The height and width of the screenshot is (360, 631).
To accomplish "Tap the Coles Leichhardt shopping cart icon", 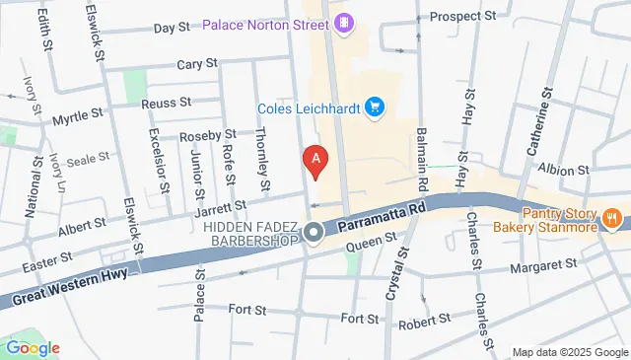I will click(374, 107).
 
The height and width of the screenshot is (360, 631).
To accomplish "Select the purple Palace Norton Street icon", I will click(343, 23).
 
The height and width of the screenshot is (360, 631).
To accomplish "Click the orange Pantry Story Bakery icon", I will click(611, 218).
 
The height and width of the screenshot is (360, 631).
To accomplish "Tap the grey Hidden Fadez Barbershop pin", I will click(315, 233).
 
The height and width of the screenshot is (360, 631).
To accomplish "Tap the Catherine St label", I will click(537, 124).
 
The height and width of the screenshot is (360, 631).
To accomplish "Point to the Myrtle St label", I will click(78, 115).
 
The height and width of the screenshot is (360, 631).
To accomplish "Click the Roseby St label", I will click(207, 134).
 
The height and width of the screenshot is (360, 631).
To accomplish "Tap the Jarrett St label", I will click(220, 206).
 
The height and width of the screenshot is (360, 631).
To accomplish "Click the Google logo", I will click(32, 347).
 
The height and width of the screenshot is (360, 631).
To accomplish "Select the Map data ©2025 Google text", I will click(568, 352).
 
